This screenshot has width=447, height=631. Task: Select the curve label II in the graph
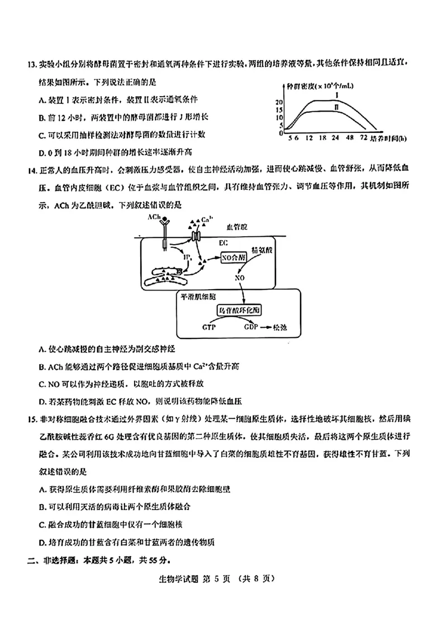click(336, 106)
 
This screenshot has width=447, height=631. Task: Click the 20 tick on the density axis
click(279, 102)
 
